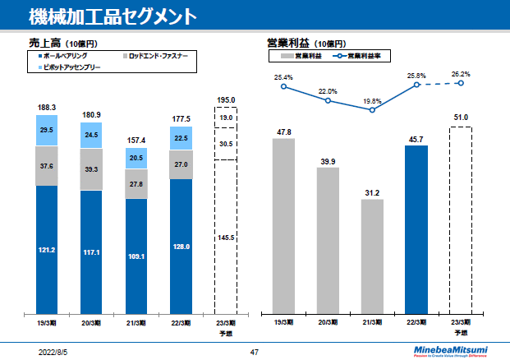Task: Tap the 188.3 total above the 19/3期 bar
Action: coord(47,108)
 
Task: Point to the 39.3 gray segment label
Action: coord(91,169)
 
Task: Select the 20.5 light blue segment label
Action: coord(136,158)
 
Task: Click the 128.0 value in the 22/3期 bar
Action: coord(181,247)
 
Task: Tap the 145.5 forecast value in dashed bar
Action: coord(226,238)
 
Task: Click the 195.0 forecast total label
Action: coord(226,100)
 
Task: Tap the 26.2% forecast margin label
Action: coord(461,73)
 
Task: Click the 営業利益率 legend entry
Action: coord(361,56)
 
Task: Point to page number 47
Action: coord(255,351)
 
